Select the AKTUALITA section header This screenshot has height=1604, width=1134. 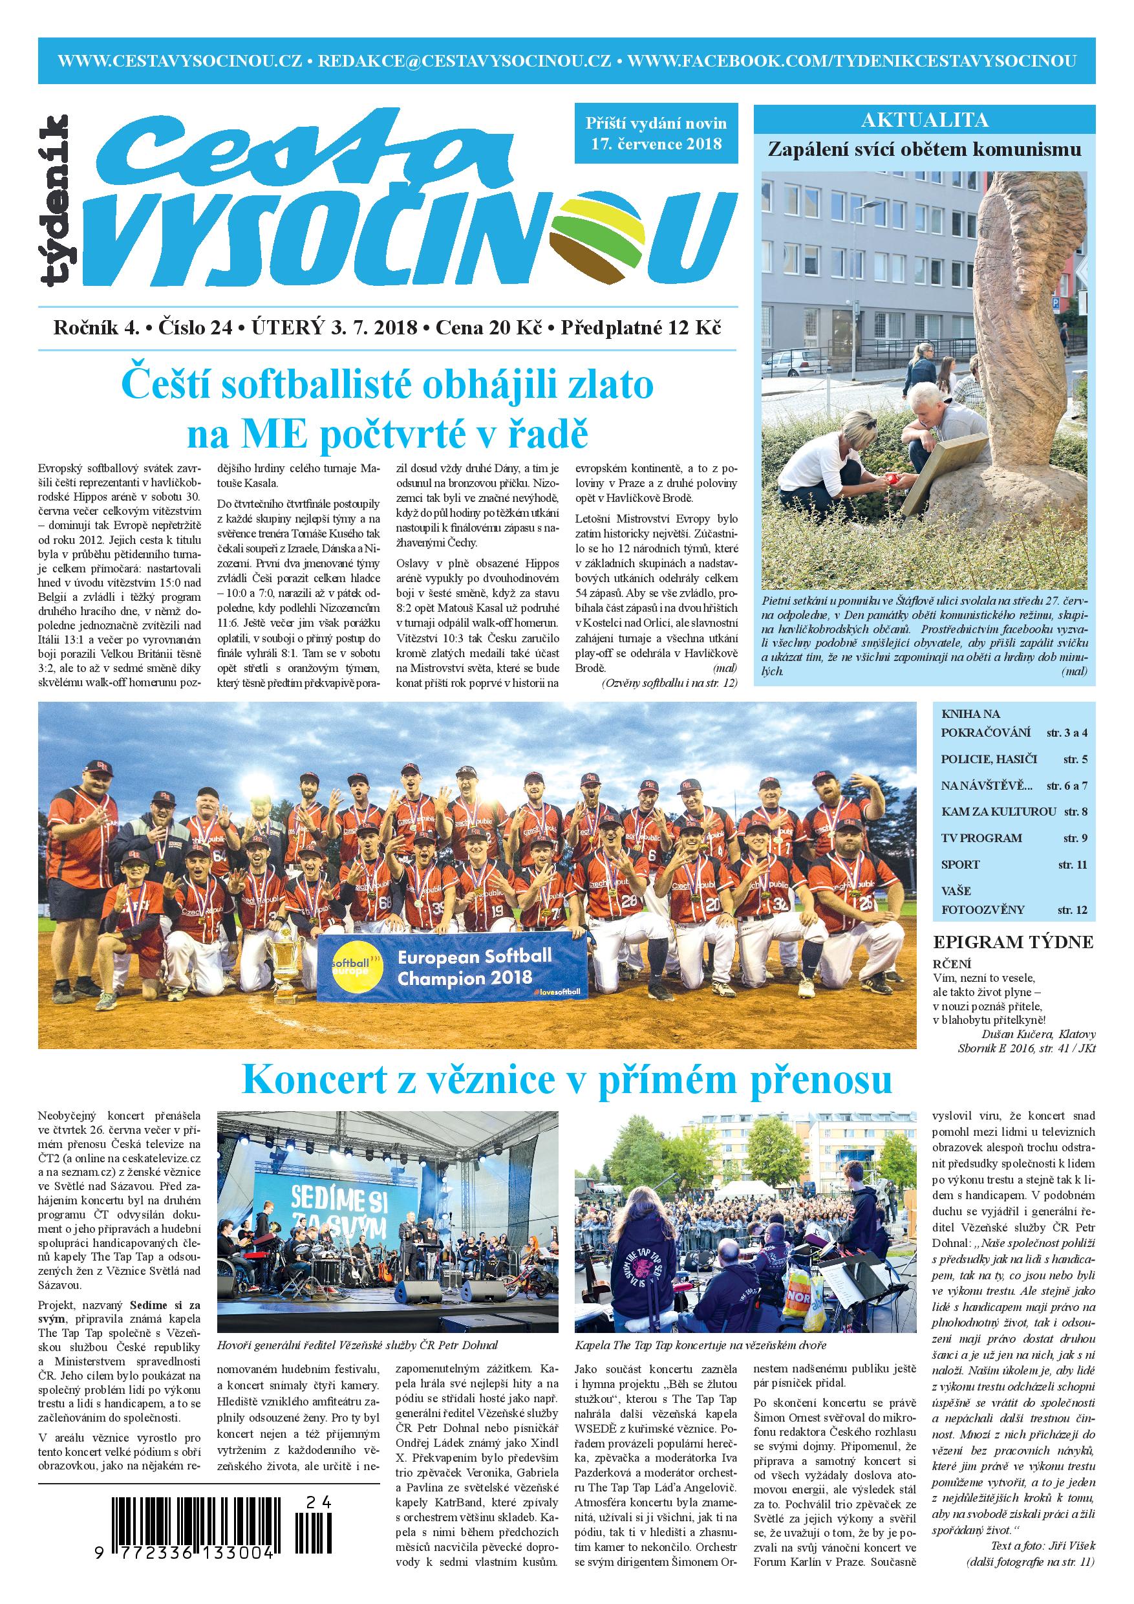[x=925, y=120]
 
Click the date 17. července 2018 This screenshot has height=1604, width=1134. [x=655, y=145]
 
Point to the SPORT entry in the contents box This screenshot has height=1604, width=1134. [x=961, y=864]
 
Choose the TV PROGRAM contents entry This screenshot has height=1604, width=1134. [x=981, y=838]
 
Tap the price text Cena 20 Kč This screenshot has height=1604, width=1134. [x=488, y=329]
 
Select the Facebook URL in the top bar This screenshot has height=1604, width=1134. [x=851, y=61]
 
